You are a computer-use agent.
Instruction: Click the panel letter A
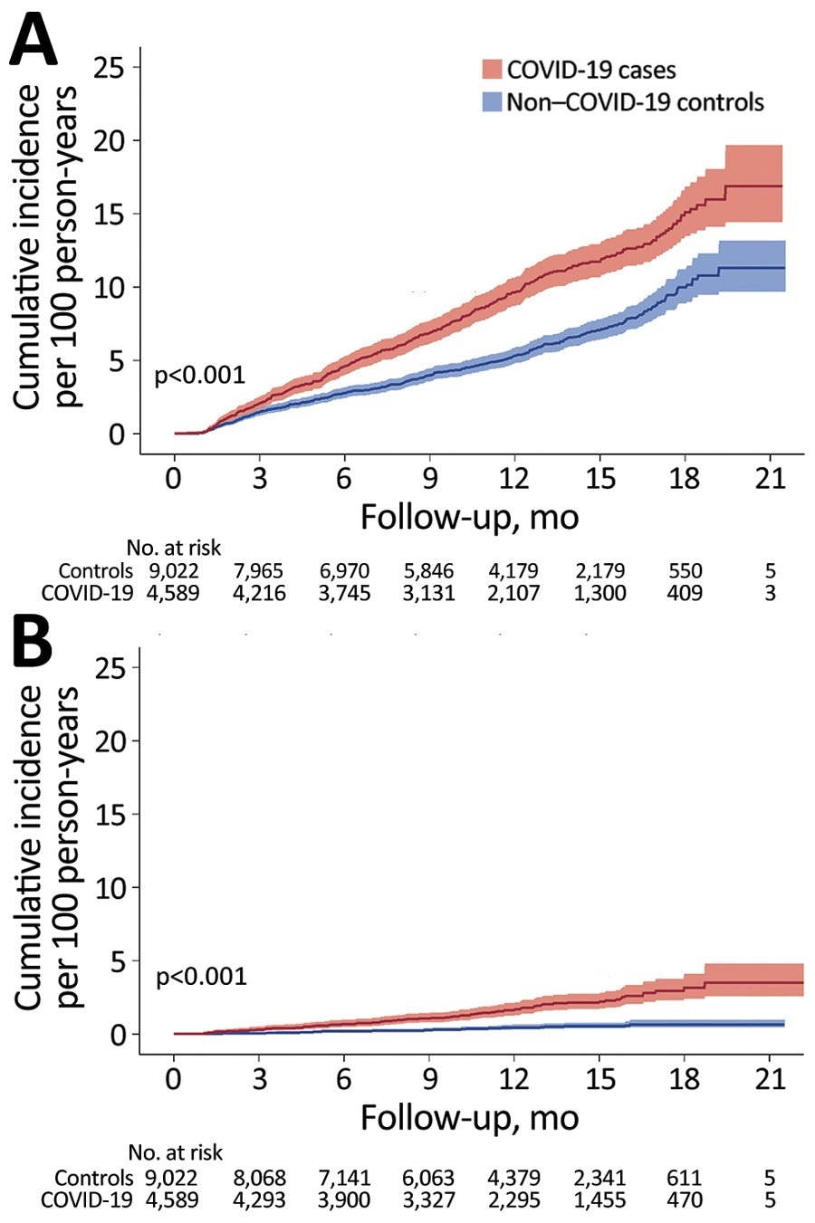(x=34, y=41)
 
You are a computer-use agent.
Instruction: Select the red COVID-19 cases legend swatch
(x=491, y=70)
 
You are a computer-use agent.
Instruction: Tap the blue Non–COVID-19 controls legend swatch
(x=491, y=101)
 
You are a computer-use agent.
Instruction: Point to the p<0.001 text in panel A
(x=200, y=375)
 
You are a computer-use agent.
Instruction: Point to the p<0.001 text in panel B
(x=201, y=976)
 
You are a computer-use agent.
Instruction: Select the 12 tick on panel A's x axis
(x=514, y=479)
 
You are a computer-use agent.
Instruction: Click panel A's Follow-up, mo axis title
(x=469, y=517)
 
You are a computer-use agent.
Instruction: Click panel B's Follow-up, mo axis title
(x=469, y=1117)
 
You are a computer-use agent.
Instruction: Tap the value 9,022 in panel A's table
(x=173, y=571)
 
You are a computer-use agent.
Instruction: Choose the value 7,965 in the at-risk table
(x=259, y=571)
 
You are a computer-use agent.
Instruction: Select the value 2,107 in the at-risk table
(x=514, y=593)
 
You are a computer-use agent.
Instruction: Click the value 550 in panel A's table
(x=685, y=571)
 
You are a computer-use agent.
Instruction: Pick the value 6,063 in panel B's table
(x=429, y=1178)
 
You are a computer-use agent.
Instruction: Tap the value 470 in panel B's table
(x=685, y=1199)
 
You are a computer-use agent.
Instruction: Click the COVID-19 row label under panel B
(x=87, y=1199)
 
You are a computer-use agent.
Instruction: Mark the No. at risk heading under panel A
(x=174, y=548)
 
